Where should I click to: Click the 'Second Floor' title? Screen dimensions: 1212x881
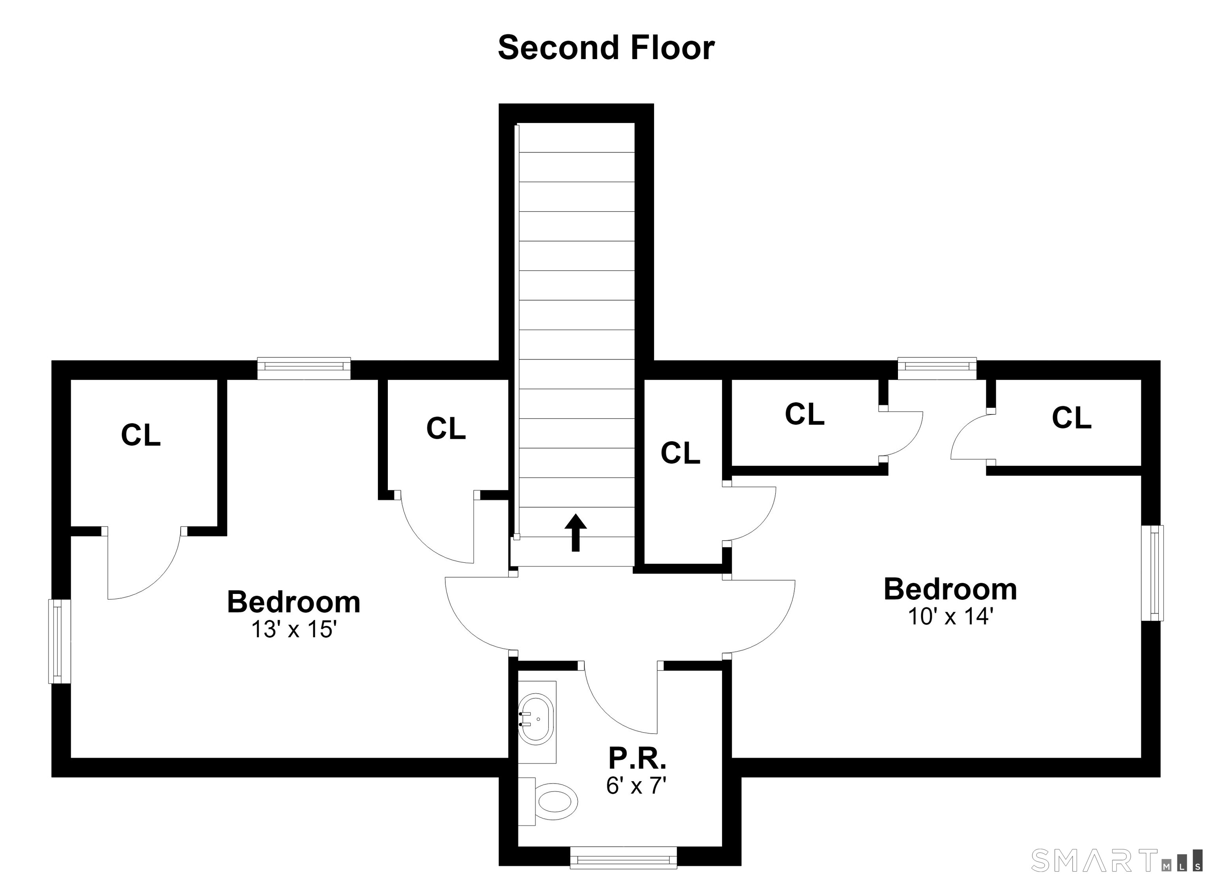(606, 48)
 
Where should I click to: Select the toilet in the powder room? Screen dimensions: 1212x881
(548, 801)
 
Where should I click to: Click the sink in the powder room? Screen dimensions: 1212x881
(537, 719)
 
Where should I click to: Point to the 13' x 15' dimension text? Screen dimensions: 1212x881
(294, 630)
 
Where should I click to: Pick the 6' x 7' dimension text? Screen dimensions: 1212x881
(636, 786)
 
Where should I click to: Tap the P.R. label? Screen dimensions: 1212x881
(638, 758)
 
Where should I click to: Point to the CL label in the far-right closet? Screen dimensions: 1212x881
(1072, 418)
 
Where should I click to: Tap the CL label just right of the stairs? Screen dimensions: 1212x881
(680, 453)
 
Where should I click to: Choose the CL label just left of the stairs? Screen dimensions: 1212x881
(446, 429)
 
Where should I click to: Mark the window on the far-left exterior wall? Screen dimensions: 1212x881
(60, 641)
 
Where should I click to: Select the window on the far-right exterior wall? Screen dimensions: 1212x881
(1152, 573)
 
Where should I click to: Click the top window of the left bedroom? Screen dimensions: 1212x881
(303, 368)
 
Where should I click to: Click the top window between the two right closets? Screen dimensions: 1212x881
(937, 368)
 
